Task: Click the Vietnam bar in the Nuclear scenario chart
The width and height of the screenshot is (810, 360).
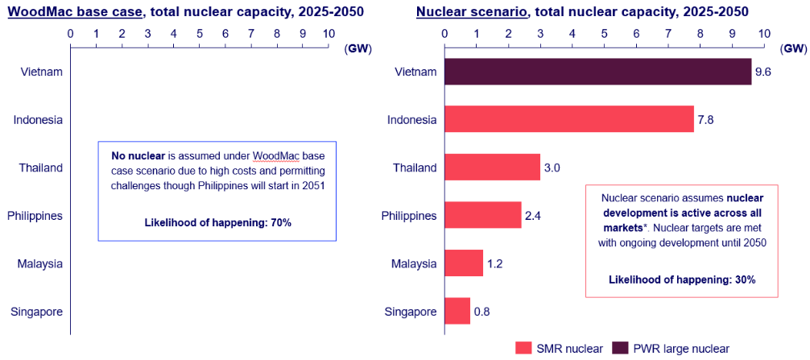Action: [x=597, y=72]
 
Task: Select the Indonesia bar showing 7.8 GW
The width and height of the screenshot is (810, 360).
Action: [x=568, y=119]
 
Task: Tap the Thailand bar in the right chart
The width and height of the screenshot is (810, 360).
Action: [x=492, y=168]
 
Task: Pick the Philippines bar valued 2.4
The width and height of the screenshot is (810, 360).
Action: [x=482, y=216]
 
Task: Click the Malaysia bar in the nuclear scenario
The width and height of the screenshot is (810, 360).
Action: [x=463, y=263]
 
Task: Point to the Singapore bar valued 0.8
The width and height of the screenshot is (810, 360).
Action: [x=457, y=311]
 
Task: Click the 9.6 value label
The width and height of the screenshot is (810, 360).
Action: [x=763, y=72]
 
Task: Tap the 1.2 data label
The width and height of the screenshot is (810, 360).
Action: [x=495, y=263]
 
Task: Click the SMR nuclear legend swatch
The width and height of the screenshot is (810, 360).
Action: [x=523, y=348]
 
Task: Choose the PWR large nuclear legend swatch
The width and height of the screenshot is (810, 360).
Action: [x=621, y=348]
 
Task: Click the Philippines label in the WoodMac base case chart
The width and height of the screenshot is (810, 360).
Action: [x=35, y=216]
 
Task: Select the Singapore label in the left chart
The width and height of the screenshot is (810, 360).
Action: [x=37, y=311]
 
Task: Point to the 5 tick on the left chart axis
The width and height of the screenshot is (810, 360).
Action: [x=199, y=34]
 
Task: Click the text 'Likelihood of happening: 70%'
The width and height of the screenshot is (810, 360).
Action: [x=217, y=222]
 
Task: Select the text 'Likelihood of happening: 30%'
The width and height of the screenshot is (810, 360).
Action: [x=681, y=279]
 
